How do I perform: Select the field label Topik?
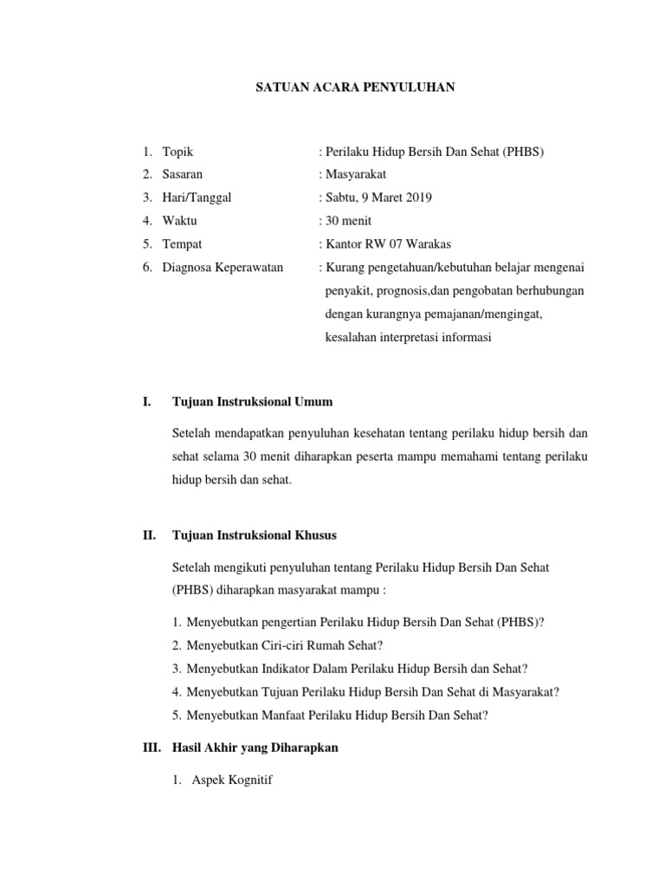tap(178, 152)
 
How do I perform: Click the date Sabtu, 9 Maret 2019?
tap(378, 197)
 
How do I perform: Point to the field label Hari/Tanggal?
tap(197, 197)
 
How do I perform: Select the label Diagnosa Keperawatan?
tap(223, 268)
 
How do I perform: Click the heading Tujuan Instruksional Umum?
tap(253, 402)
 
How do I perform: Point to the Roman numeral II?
tap(149, 535)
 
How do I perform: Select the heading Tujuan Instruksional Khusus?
tap(255, 535)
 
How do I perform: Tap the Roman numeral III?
tap(152, 748)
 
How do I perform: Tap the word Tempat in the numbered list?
tap(182, 244)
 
